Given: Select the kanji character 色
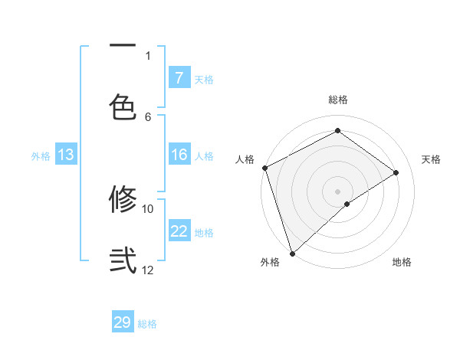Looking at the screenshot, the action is [x=123, y=106].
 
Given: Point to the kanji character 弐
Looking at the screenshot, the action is [x=123, y=259].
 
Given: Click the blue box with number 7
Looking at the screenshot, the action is [x=179, y=77].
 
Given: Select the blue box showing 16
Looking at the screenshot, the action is [x=179, y=155].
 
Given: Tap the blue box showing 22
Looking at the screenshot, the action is [x=179, y=231].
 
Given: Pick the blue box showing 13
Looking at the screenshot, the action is [x=66, y=155].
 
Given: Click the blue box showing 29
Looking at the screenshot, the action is [x=123, y=322].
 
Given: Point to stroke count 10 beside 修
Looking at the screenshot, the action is [x=148, y=208].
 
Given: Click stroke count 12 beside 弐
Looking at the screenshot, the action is [x=148, y=270].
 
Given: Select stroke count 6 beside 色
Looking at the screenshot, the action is [x=148, y=116].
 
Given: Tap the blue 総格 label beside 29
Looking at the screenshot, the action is [x=148, y=324].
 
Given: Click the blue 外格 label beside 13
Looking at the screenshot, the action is [x=41, y=155].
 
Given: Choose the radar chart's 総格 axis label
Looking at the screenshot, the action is [x=338, y=100].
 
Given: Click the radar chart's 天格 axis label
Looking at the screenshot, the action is [x=432, y=159].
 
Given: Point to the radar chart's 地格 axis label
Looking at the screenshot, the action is [x=402, y=262].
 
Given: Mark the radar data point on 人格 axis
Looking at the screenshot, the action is [x=264, y=168].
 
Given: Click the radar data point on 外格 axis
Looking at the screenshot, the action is [x=292, y=253].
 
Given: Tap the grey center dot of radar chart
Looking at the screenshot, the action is [x=338, y=191].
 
